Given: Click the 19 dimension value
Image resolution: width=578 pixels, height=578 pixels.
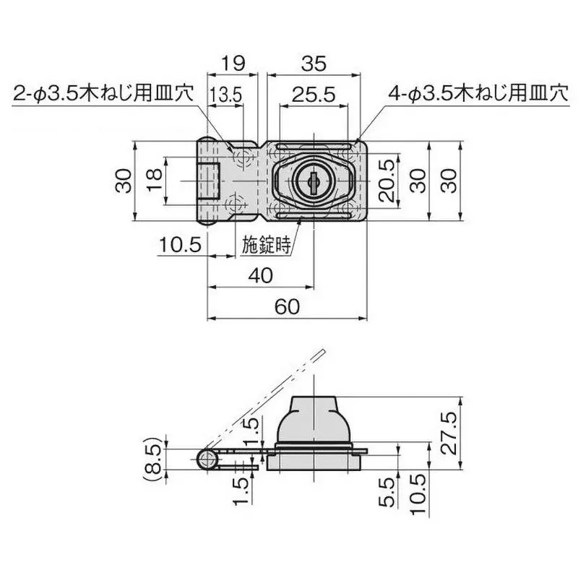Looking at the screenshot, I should [x=231, y=63].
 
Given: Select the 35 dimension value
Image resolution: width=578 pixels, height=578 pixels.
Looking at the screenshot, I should [x=314, y=63].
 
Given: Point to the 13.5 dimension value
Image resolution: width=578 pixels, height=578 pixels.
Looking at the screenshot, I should [x=225, y=95].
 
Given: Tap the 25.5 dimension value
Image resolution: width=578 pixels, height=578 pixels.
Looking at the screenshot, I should [x=313, y=95].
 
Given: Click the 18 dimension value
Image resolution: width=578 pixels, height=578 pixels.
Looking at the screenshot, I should [x=153, y=180].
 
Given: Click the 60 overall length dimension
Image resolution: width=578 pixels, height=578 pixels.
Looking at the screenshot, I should [x=287, y=306].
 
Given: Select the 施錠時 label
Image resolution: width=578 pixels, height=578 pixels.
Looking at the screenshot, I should [x=265, y=245].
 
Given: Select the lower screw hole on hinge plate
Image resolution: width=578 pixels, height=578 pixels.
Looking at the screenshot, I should [x=236, y=204].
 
